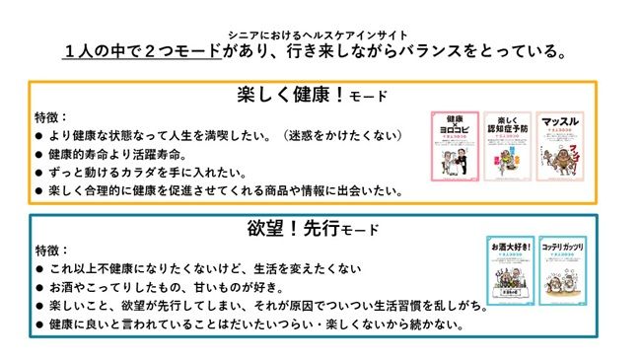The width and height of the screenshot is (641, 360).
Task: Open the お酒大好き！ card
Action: point(510,270)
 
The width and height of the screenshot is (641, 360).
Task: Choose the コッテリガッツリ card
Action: point(563,270)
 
